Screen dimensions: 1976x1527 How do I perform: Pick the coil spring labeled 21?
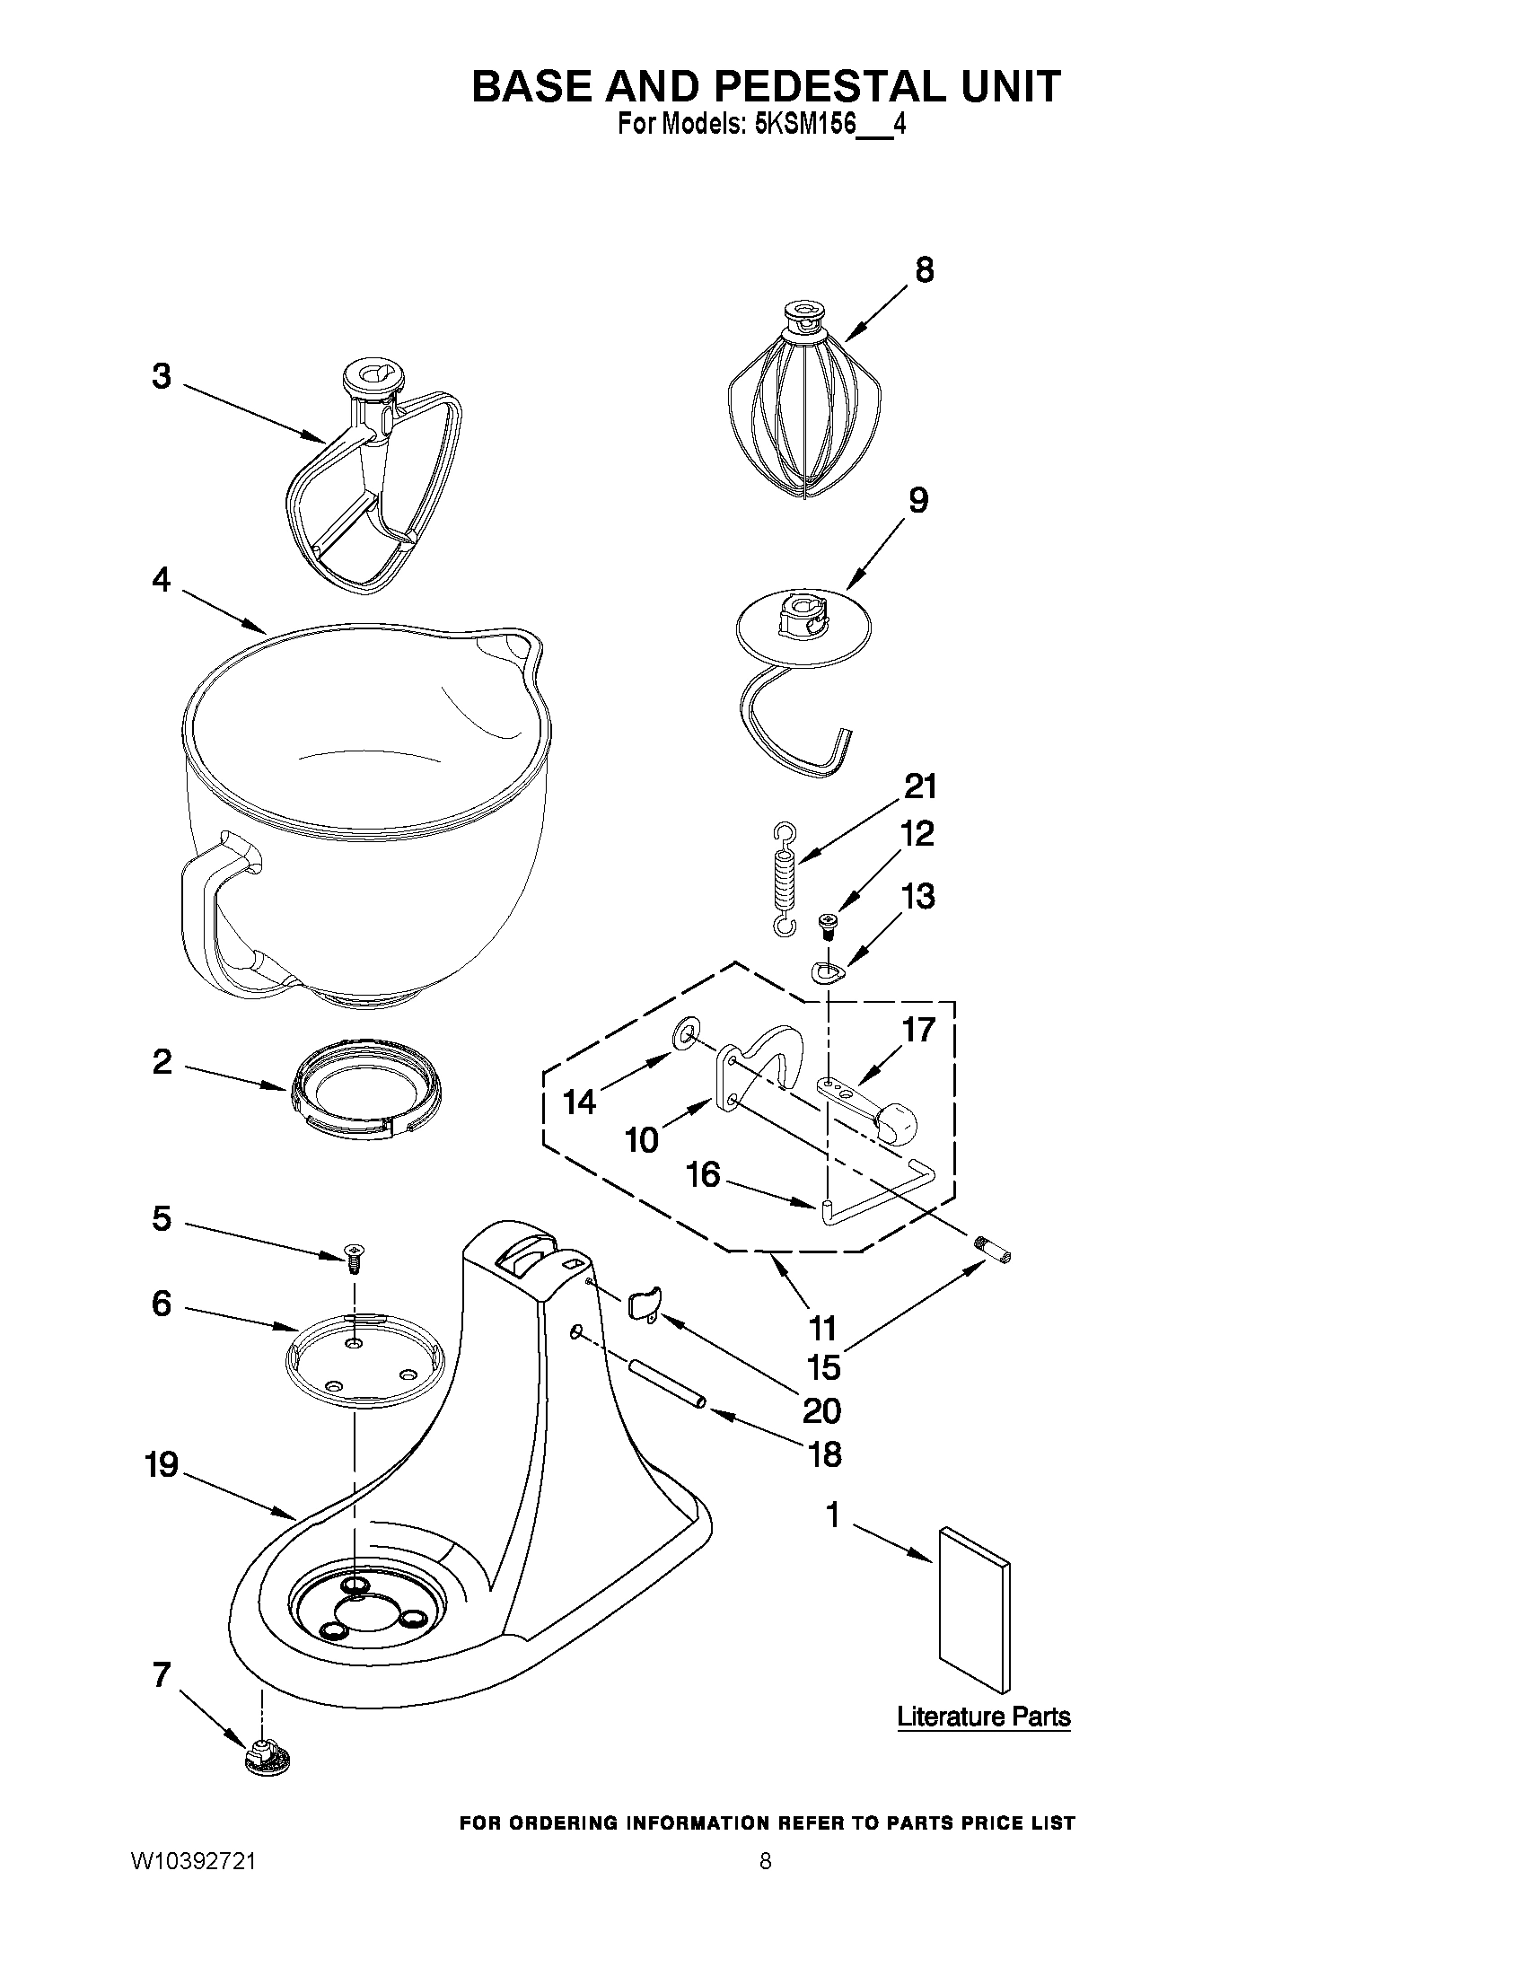coord(785,879)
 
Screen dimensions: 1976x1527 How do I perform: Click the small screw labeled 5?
coord(354,1255)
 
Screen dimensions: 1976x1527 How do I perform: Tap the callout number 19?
coord(162,1465)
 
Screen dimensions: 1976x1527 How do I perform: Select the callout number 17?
coord(918,1030)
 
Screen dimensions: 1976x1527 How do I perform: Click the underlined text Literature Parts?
coord(983,1717)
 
